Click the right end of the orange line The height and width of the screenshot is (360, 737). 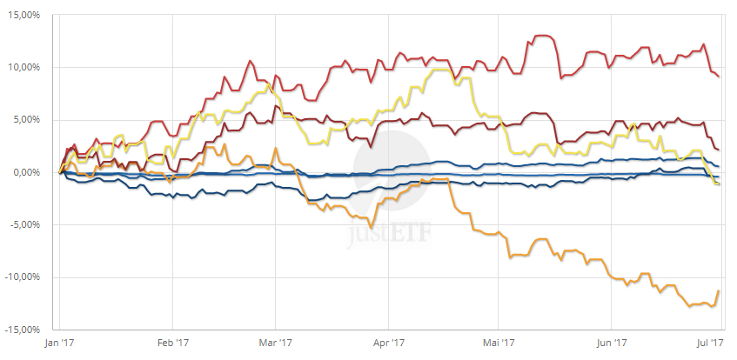pos(718,290)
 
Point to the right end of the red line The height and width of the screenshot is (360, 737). pos(719,77)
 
